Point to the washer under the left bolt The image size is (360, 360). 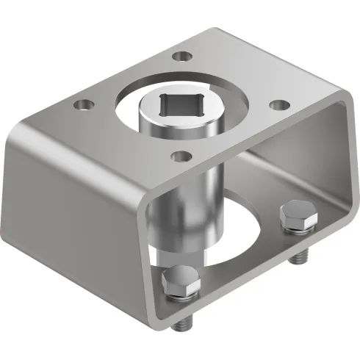click(179, 295)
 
